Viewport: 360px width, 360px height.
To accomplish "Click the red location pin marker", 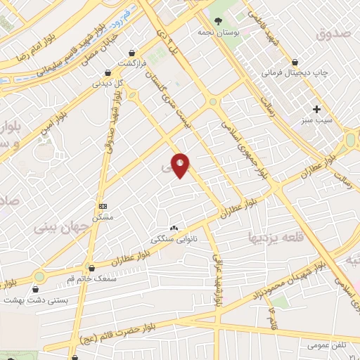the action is pyautogui.click(x=181, y=165).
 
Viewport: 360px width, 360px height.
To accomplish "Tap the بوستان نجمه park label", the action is pyautogui.click(x=229, y=32).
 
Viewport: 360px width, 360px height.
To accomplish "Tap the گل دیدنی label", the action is pyautogui.click(x=108, y=83).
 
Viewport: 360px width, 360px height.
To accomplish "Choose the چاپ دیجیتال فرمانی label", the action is pyautogui.click(x=290, y=72).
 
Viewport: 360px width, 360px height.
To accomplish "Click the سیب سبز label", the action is pyautogui.click(x=317, y=121).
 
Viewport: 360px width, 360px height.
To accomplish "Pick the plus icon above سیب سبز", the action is pyautogui.click(x=316, y=109).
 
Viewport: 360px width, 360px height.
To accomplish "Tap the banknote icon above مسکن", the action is pyautogui.click(x=103, y=206).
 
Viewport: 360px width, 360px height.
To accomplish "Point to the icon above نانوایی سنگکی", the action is pyautogui.click(x=174, y=227).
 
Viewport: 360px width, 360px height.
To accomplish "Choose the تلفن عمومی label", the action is pyautogui.click(x=307, y=345).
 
